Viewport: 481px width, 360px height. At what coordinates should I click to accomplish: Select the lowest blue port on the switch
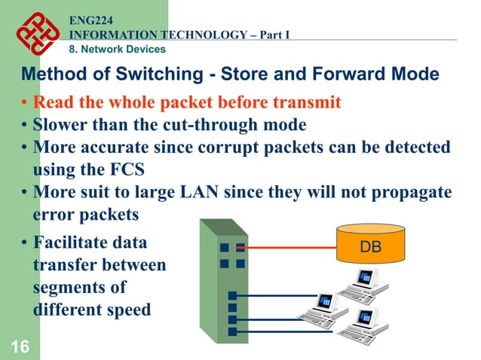[232, 331]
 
